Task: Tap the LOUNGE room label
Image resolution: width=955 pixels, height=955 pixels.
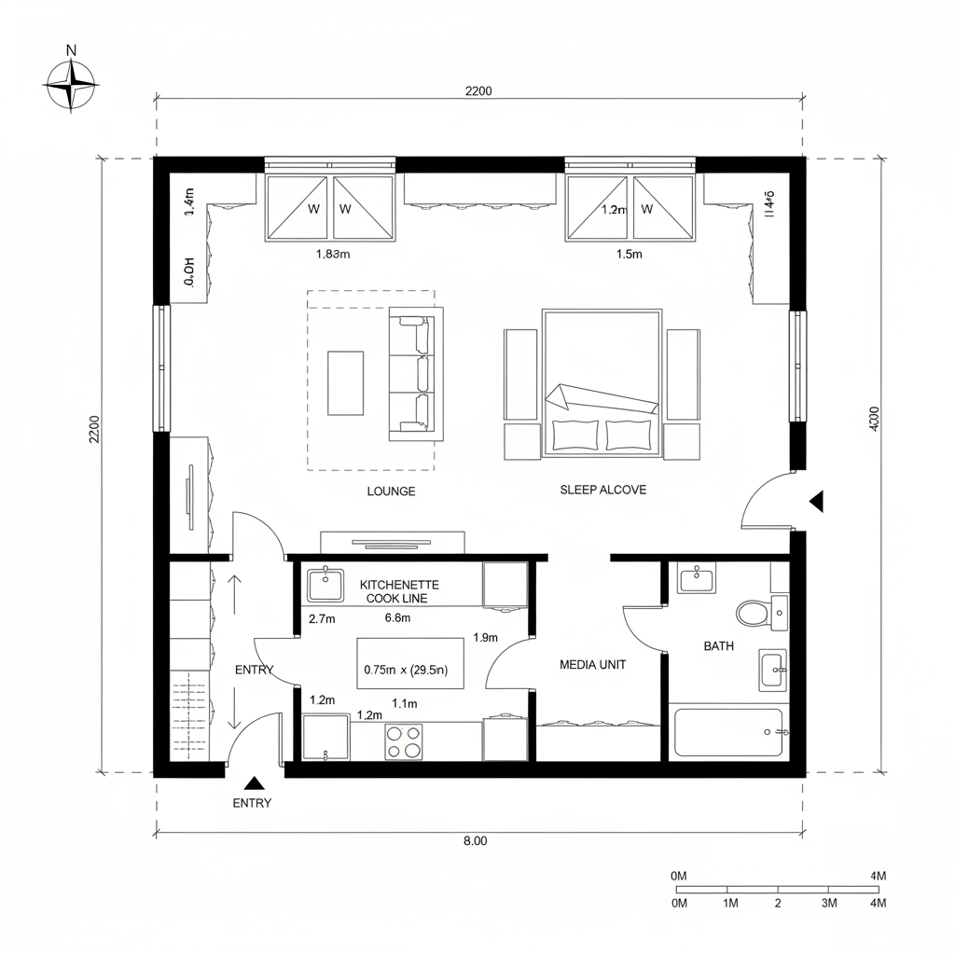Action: pos(392,491)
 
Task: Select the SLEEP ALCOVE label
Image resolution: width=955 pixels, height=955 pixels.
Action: pos(602,490)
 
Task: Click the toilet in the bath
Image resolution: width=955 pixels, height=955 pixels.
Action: pos(752,613)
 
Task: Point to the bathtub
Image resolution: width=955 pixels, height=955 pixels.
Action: pos(728,733)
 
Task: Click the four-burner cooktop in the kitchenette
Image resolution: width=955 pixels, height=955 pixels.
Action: pos(404,741)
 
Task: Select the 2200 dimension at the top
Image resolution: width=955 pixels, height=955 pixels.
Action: pos(478,90)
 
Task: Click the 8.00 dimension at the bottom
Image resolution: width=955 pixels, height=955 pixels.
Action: pos(476,840)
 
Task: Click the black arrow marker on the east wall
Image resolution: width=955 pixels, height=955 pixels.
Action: pos(817,502)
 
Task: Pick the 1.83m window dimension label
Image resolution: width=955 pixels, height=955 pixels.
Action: pos(333,253)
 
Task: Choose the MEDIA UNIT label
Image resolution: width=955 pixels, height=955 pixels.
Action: pos(592,665)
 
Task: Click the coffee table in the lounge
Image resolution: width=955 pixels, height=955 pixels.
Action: pos(345,382)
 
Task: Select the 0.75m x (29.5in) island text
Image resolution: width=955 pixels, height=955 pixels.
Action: pos(406,670)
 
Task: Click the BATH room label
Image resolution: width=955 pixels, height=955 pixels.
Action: pos(718,645)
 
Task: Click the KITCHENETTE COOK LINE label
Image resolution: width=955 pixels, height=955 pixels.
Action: pos(399,591)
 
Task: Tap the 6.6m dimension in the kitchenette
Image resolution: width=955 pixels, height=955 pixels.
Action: pos(398,617)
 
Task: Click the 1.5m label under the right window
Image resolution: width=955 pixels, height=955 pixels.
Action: pos(630,253)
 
